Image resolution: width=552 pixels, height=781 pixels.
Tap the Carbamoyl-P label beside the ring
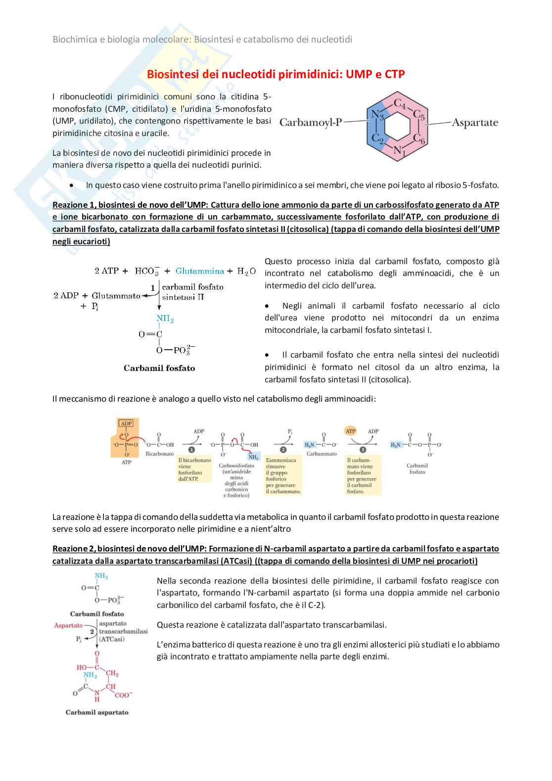[311, 122]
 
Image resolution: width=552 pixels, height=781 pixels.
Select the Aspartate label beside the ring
[474, 122]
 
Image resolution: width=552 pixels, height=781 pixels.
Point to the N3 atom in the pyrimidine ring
[378, 116]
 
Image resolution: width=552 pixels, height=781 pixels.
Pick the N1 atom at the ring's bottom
[399, 151]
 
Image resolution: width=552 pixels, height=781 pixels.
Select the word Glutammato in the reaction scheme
[116, 295]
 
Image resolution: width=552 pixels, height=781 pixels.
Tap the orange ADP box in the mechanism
[127, 423]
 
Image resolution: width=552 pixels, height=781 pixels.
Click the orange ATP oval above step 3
[351, 431]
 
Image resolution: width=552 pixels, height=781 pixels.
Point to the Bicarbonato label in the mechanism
[160, 454]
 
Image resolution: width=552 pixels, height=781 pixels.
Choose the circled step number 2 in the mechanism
[283, 450]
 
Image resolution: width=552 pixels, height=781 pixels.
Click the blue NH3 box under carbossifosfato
[253, 458]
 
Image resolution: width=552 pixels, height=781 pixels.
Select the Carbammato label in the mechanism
[322, 454]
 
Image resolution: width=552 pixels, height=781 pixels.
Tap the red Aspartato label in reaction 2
[68, 625]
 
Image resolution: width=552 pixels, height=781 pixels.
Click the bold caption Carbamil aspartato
[97, 712]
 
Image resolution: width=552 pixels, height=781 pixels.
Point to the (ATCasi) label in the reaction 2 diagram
[112, 639]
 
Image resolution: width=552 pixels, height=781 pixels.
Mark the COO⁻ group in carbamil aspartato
[124, 695]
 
